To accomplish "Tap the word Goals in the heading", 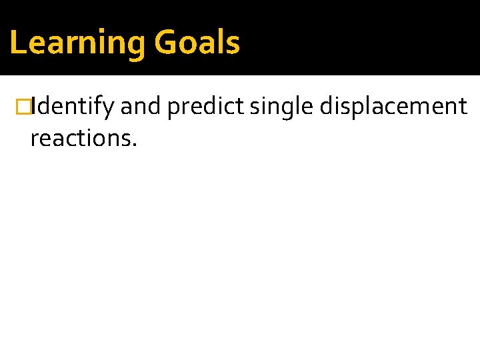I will (197, 43).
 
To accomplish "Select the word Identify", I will (72, 107).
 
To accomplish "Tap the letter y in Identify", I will (109, 109).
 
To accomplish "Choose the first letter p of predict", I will (173, 109).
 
